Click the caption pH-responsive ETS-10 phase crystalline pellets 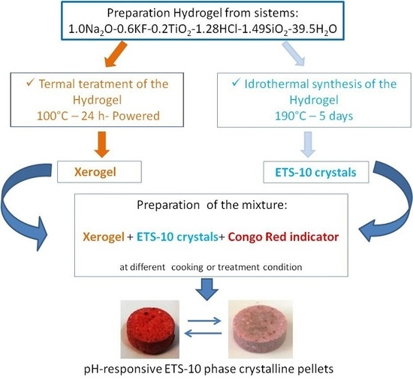[206, 368]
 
